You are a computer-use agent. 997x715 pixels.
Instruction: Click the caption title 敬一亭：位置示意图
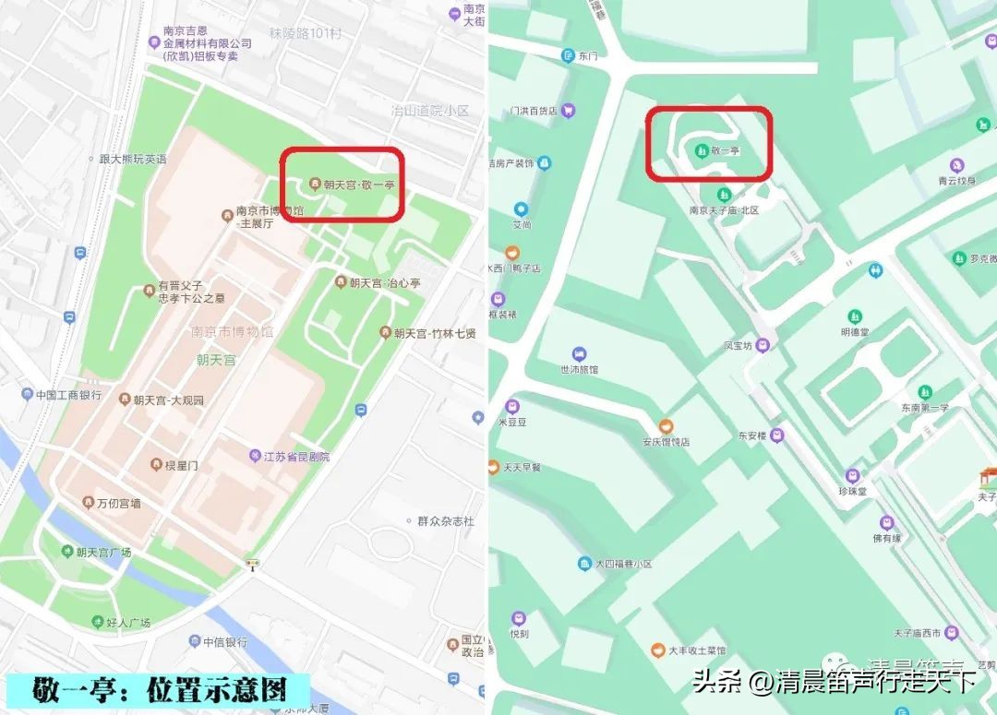point(159,689)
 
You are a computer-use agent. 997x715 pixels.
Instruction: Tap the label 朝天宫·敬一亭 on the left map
point(359,185)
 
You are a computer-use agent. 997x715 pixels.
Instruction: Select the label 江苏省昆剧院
point(297,457)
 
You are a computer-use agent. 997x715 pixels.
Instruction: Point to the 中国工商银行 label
point(68,395)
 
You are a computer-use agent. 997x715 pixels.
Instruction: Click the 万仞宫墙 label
point(119,504)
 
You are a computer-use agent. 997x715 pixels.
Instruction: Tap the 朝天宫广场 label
point(103,552)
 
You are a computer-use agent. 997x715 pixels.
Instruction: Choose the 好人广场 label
point(126,624)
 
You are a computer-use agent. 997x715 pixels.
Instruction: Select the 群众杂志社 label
point(445,521)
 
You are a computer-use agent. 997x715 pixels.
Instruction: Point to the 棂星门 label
point(181,465)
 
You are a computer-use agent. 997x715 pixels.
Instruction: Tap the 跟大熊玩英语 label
point(133,159)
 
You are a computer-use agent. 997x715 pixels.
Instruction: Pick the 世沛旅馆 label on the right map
point(580,369)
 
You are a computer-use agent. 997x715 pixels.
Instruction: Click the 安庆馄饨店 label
point(666,442)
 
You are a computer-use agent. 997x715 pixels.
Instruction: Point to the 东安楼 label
point(753,435)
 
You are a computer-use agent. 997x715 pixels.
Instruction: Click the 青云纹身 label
point(955,181)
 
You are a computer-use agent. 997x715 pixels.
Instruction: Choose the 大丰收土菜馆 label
point(698,650)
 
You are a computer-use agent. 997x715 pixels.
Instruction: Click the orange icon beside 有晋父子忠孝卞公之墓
point(150,291)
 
